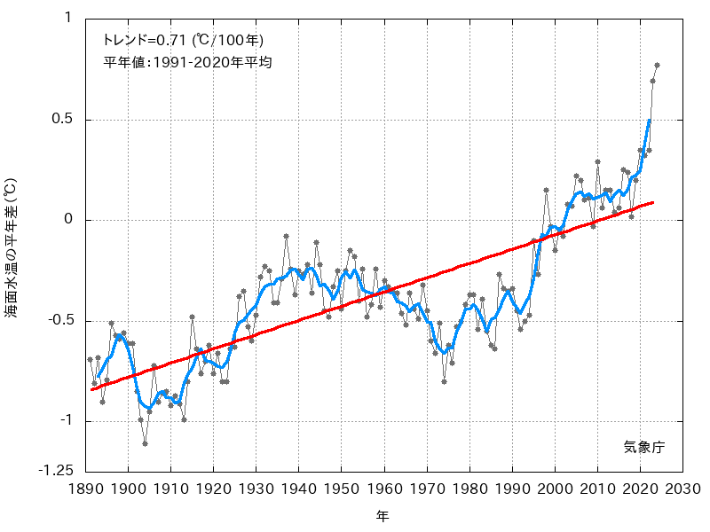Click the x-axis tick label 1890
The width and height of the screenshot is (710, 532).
pyautogui.click(x=86, y=489)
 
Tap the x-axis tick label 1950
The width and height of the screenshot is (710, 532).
pyautogui.click(x=342, y=489)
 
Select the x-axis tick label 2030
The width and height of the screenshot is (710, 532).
pyautogui.click(x=682, y=489)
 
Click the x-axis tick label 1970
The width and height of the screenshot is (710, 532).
pyautogui.click(x=427, y=489)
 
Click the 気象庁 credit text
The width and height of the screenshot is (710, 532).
pyautogui.click(x=643, y=448)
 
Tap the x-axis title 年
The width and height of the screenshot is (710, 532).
pyautogui.click(x=383, y=515)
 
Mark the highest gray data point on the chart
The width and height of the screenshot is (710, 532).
pyautogui.click(x=657, y=65)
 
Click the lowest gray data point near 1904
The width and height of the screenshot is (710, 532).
pyautogui.click(x=145, y=443)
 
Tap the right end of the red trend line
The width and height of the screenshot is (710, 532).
pyautogui.click(x=653, y=203)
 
